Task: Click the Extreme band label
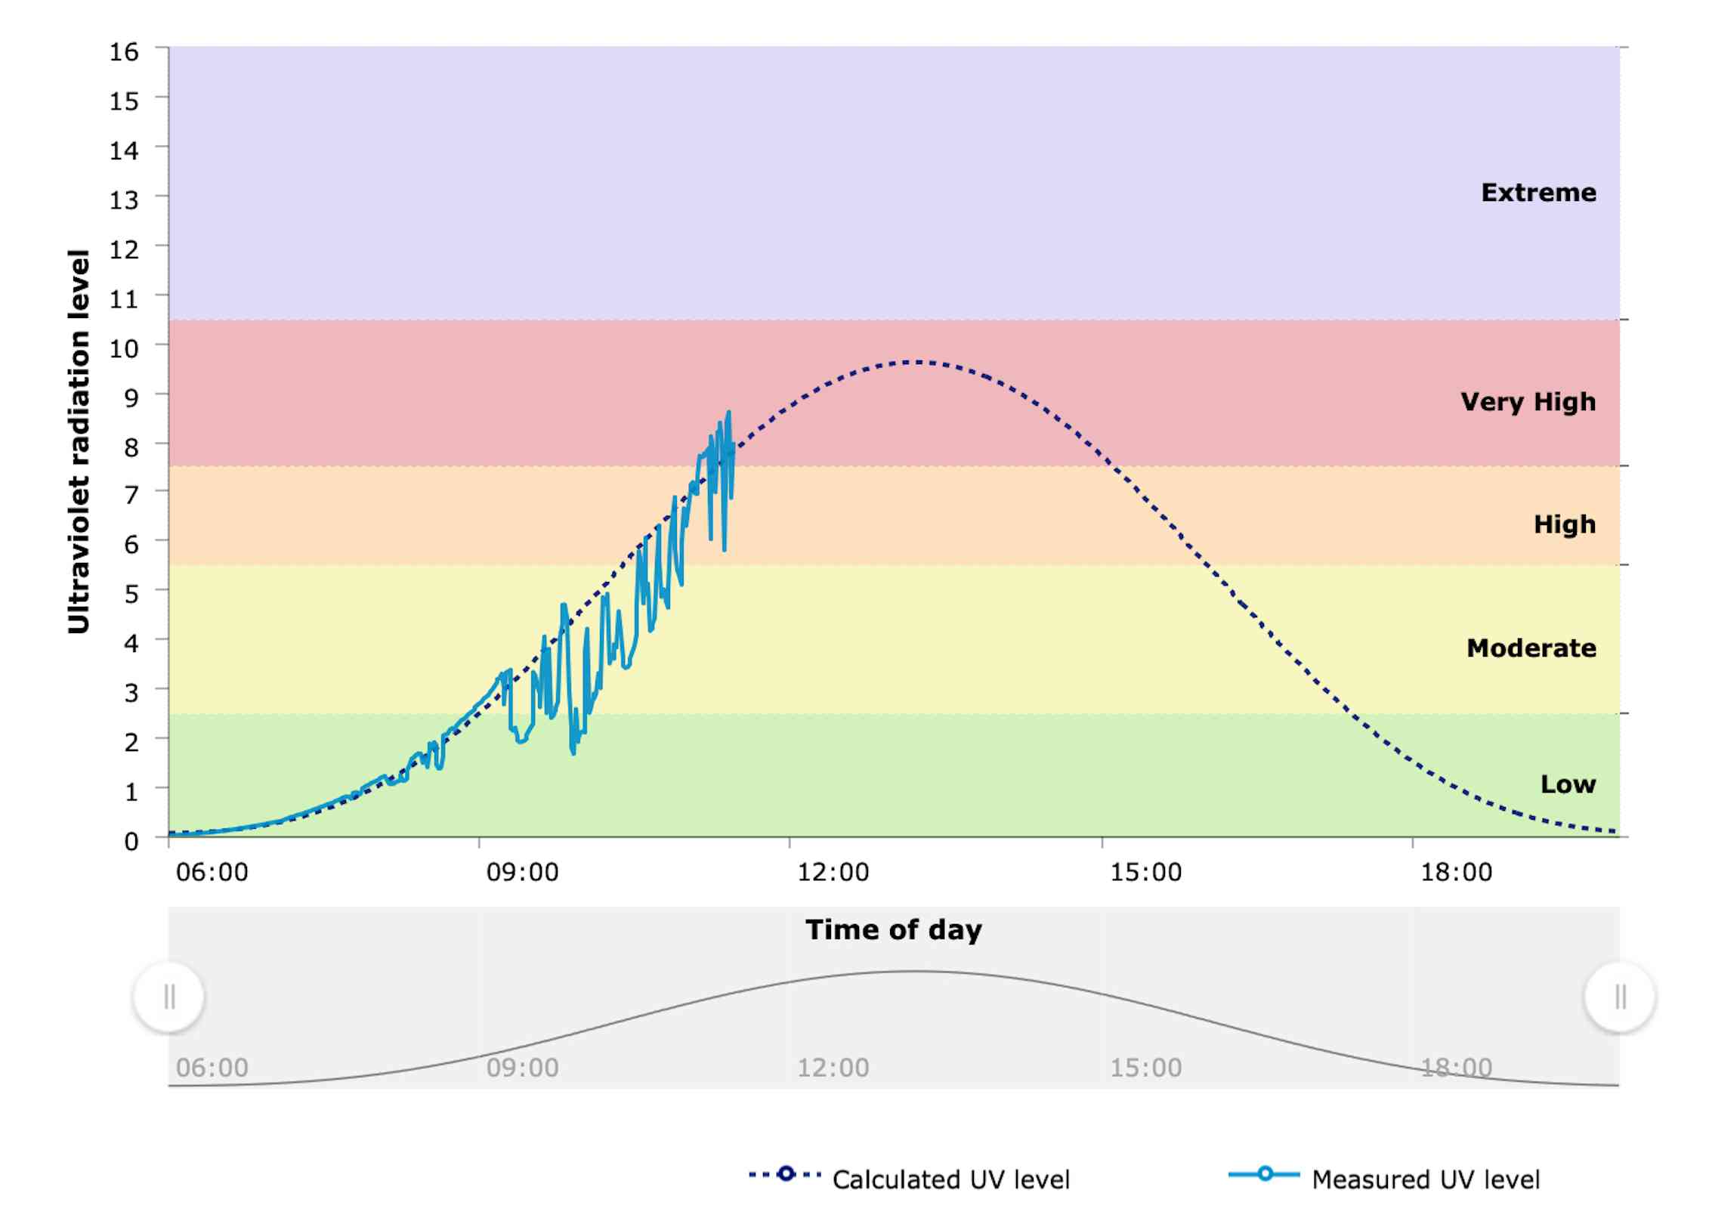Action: click(1538, 193)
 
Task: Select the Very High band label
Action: click(1528, 402)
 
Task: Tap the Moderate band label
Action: click(1531, 648)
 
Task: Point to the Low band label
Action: click(1568, 784)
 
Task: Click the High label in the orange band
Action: click(1564, 524)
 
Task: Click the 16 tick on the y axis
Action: click(124, 52)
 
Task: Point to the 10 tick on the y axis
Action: click(124, 349)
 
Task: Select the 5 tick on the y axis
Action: click(131, 595)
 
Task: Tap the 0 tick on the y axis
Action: click(131, 841)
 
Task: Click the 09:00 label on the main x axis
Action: click(522, 873)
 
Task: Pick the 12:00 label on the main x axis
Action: click(833, 873)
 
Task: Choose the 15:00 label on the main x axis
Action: click(1145, 873)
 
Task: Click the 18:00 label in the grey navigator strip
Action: click(1456, 1068)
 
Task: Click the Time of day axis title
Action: click(894, 930)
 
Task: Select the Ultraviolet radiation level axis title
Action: click(79, 441)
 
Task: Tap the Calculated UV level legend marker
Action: click(786, 1174)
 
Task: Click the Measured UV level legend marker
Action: click(1264, 1174)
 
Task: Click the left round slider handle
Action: click(169, 997)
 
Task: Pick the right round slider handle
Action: click(1620, 997)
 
